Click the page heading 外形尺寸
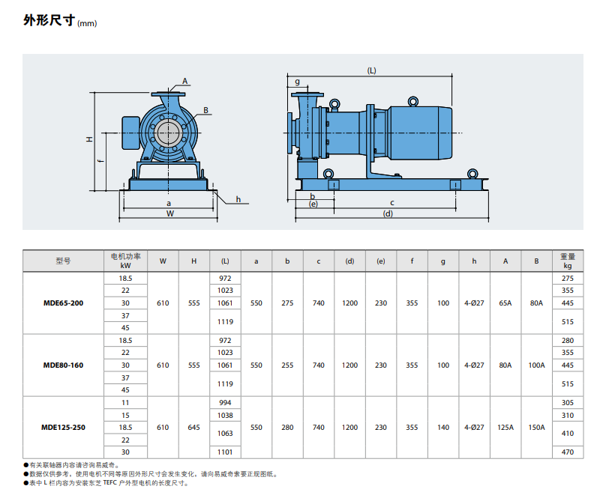49,20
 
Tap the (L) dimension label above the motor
371,70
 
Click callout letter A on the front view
184,81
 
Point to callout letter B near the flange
205,110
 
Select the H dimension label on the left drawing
89,139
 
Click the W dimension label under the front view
170,213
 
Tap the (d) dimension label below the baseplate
388,213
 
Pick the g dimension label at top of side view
297,82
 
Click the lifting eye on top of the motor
413,101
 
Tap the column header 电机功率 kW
125,261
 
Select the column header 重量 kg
568,261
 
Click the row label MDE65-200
63,303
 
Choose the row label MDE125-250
63,428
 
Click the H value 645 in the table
194,428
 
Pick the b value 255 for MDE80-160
287,365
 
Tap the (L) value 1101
225,452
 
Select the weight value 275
568,279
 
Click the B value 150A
536,428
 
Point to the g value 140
443,428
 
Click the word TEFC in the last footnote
109,483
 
